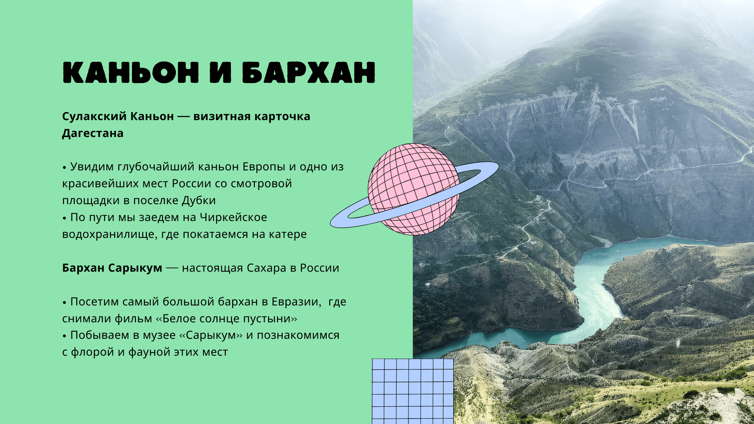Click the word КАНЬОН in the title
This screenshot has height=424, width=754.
coord(131,72)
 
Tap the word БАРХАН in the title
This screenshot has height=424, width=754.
coord(308,72)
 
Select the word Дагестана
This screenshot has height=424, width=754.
coord(93,133)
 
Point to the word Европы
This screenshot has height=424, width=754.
coord(264,167)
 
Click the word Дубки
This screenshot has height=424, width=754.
coord(199,201)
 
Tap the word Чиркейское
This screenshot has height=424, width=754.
coord(233,217)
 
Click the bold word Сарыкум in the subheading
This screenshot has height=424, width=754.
coord(135,268)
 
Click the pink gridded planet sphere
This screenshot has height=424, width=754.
coord(413,189)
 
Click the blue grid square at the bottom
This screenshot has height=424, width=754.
coord(413,391)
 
